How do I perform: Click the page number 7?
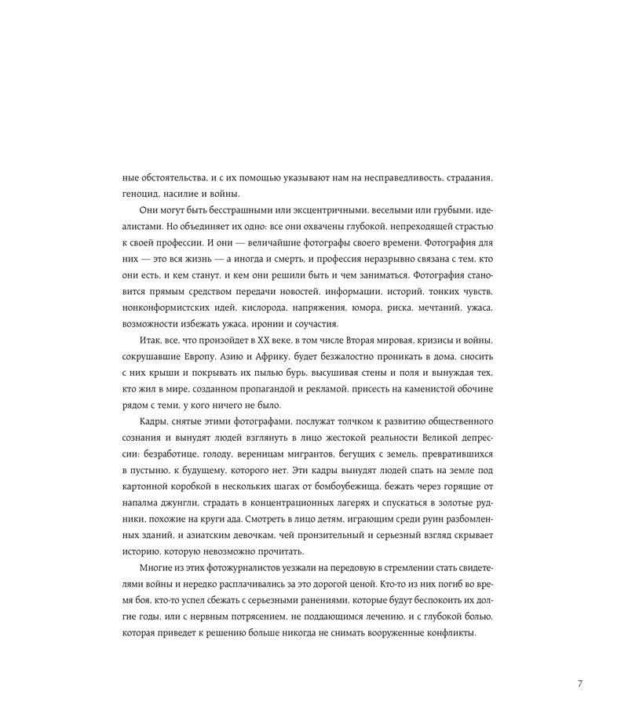point(579,683)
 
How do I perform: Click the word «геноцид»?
point(143,195)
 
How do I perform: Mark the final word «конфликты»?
point(448,633)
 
